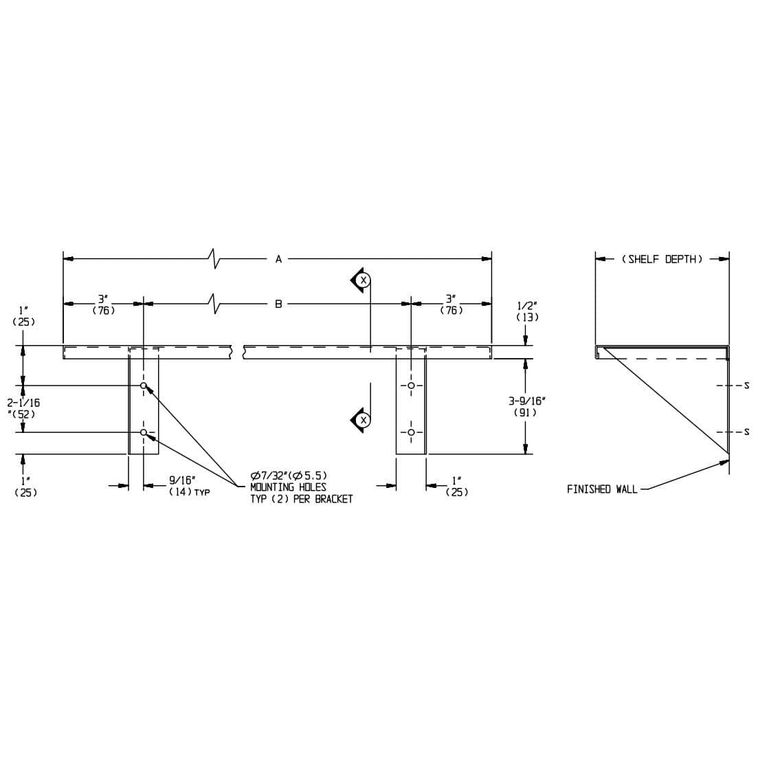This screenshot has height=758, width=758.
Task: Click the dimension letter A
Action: click(x=278, y=259)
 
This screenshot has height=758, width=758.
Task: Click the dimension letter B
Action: click(x=278, y=303)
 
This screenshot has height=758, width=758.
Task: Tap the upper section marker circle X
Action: click(x=364, y=280)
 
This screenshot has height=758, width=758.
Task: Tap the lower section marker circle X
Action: click(x=364, y=419)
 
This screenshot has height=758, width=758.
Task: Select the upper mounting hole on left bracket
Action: click(x=144, y=386)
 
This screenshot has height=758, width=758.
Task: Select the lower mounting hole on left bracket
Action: click(x=144, y=432)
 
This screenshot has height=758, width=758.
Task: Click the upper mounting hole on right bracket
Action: click(x=411, y=386)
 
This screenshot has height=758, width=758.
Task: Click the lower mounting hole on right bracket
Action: click(x=411, y=432)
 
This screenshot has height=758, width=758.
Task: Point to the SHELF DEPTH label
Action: click(x=662, y=259)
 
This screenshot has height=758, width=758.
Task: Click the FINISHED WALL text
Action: click(x=602, y=489)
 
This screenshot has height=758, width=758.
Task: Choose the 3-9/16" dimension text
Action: click(x=526, y=401)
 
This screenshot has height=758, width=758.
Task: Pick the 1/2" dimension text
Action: click(x=527, y=306)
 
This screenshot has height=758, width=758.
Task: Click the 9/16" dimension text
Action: click(x=182, y=480)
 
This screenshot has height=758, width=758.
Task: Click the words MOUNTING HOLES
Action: click(x=288, y=487)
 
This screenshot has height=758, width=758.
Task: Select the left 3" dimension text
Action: click(x=103, y=299)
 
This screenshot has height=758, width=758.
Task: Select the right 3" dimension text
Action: click(x=451, y=299)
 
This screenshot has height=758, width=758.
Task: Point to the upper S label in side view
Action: click(x=746, y=385)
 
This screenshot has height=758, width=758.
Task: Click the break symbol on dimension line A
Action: click(x=215, y=258)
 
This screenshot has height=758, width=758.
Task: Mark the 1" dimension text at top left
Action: click(x=23, y=310)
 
